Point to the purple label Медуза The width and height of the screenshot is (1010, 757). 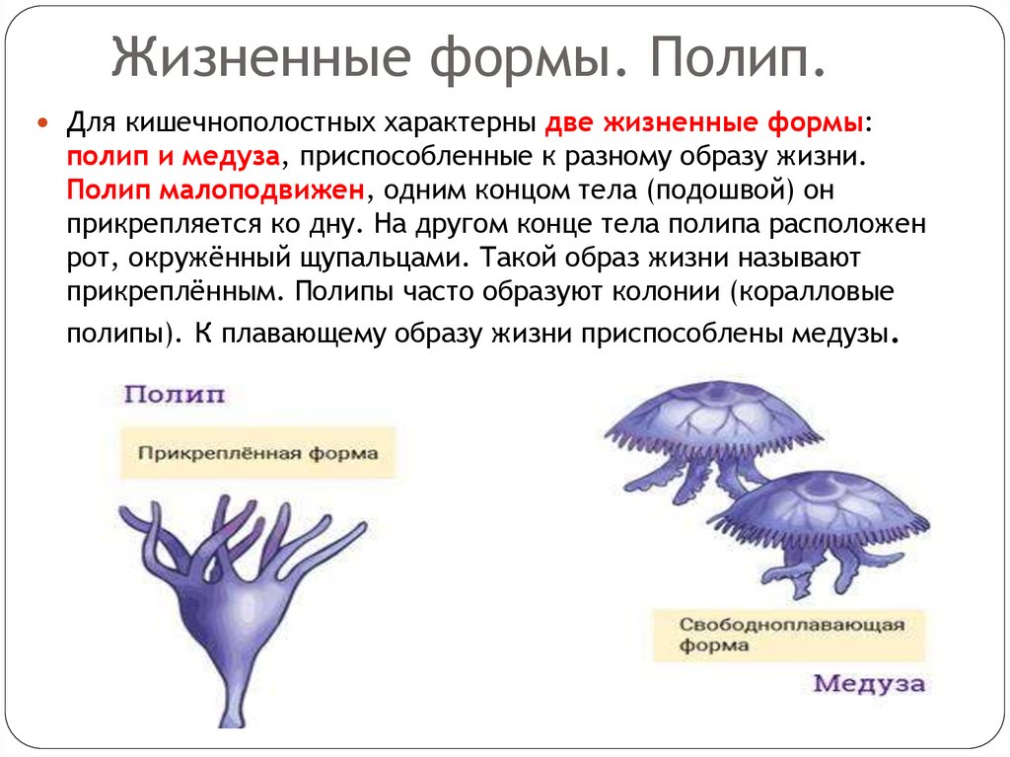(869, 685)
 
